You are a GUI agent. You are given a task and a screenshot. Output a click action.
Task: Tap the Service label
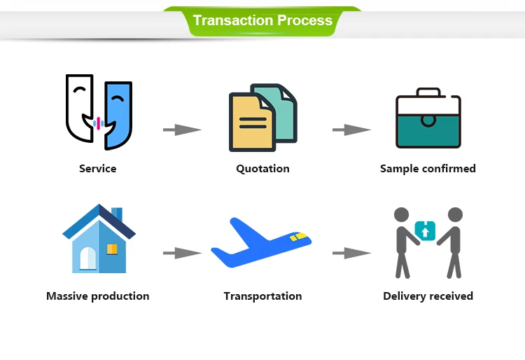pos(98,169)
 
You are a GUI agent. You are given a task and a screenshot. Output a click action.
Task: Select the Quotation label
pos(262,169)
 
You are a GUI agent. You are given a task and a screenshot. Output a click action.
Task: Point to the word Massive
pos(67,296)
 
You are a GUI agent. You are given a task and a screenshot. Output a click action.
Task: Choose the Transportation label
pos(262,296)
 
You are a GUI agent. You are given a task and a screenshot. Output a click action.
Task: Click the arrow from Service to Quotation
pos(182,130)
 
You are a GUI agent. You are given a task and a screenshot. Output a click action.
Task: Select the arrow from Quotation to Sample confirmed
pos(351,130)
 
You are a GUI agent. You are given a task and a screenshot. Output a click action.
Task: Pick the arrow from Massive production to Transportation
pos(182,253)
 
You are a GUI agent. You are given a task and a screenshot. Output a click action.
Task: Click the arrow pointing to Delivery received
pos(351,253)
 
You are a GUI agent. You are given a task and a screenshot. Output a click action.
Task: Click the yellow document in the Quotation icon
pos(251,123)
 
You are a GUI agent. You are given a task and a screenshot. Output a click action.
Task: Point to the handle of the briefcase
pos(428,92)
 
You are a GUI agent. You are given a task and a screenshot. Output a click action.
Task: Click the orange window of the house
pos(112,249)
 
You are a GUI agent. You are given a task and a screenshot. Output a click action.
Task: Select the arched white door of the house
pos(87,258)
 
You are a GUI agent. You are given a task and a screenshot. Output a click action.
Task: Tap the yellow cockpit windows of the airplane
pos(299,237)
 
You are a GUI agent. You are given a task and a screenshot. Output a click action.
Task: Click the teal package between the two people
pos(425,230)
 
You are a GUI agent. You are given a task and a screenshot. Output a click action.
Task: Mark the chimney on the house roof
pos(117,214)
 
